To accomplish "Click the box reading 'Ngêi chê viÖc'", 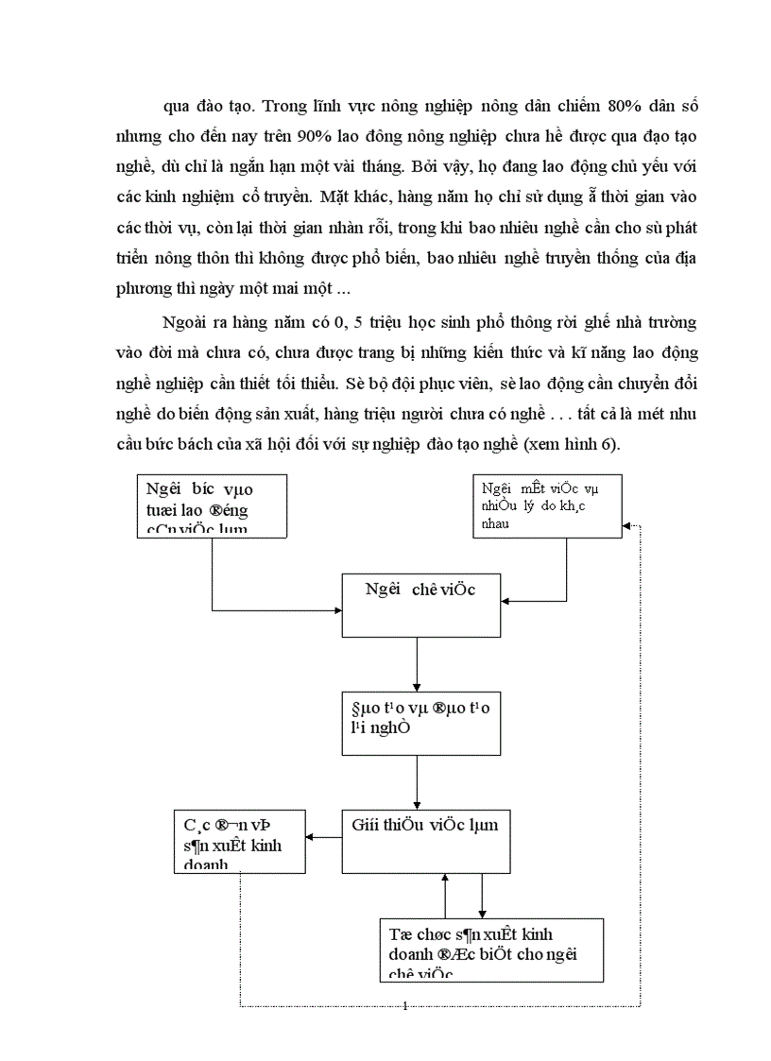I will [x=420, y=604].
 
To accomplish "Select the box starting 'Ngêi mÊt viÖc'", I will [x=547, y=505].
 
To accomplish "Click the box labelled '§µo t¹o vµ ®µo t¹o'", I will [x=420, y=722].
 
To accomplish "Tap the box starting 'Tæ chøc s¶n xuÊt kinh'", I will [x=489, y=950].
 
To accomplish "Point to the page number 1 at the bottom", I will [x=404, y=1005].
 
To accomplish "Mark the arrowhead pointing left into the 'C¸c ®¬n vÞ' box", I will [x=313, y=837].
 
